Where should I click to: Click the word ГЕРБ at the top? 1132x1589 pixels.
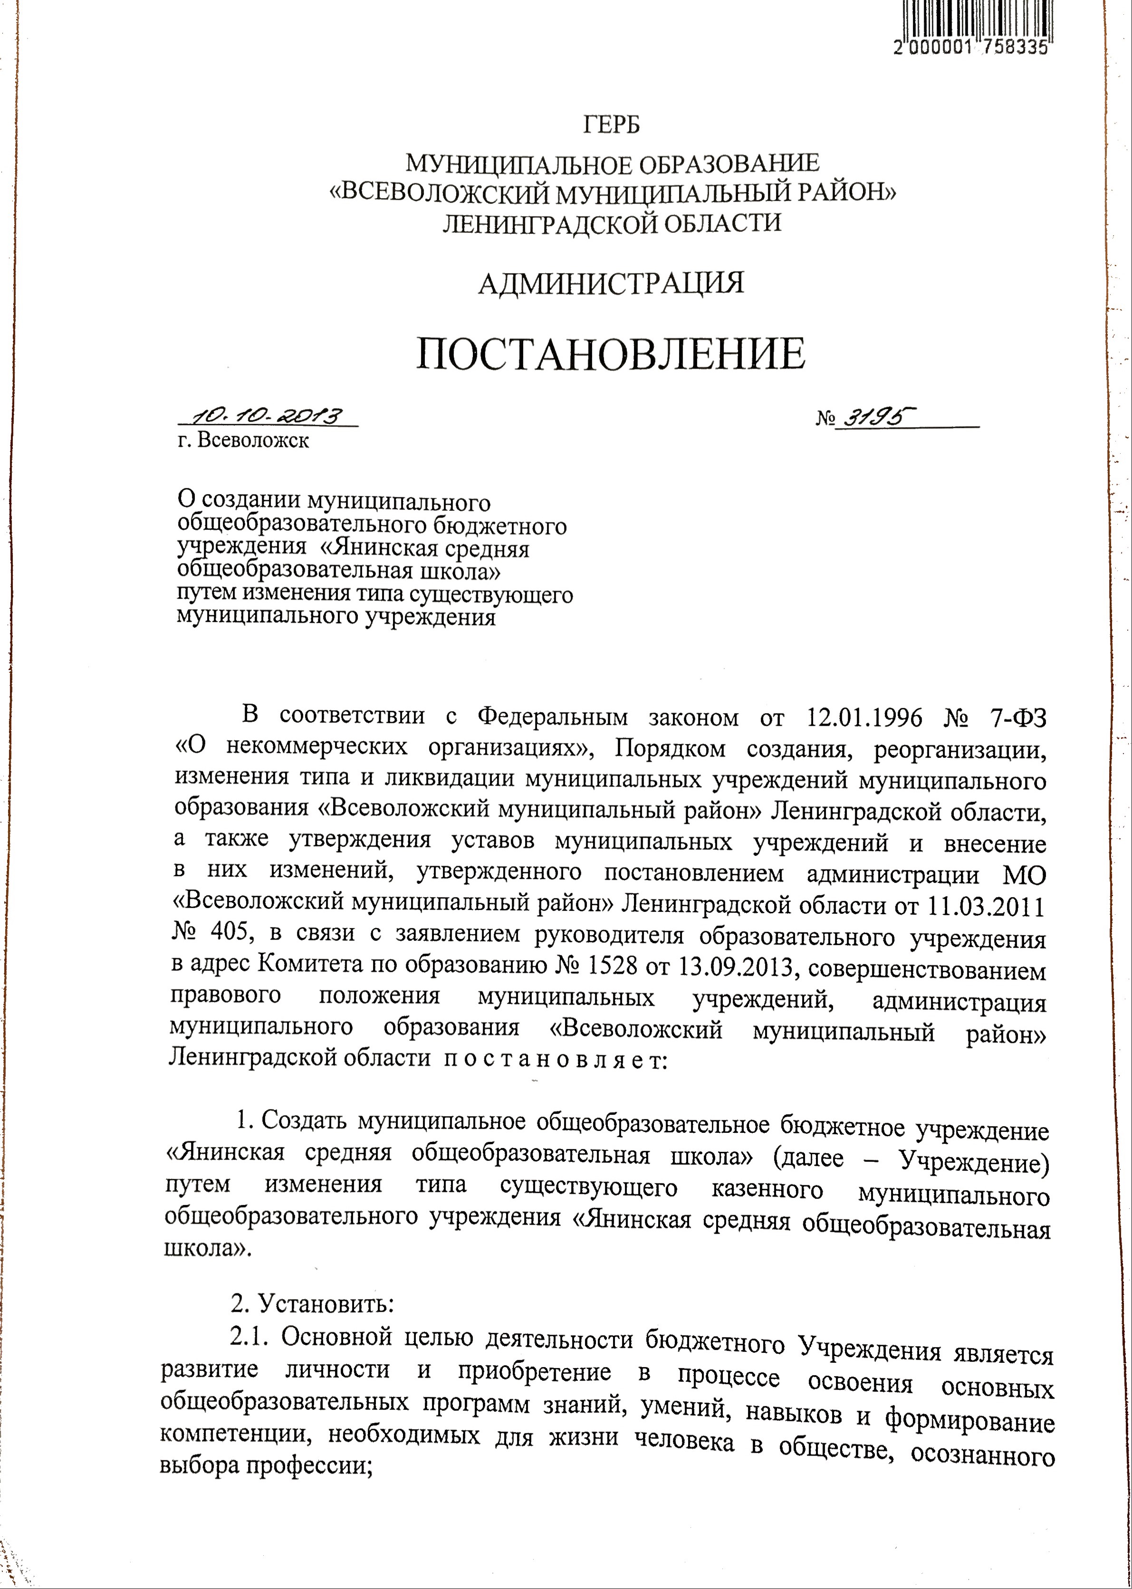pyautogui.click(x=611, y=124)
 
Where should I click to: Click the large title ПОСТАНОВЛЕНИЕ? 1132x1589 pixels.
pyautogui.click(x=611, y=354)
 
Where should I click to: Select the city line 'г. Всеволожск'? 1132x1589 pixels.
pyautogui.click(x=243, y=441)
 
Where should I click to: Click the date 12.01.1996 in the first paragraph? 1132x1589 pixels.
pyautogui.click(x=864, y=717)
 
